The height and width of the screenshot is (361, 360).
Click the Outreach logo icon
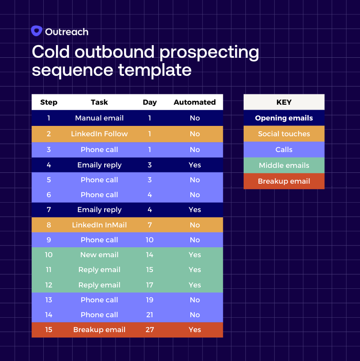(37, 31)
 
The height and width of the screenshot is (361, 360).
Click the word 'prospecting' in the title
(209, 52)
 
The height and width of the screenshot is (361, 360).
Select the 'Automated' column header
(194, 102)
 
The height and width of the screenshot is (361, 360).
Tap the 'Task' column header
(99, 102)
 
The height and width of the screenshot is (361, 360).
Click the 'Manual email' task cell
(99, 118)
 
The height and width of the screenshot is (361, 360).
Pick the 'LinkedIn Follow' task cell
(99, 134)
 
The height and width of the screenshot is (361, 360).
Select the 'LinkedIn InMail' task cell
(99, 225)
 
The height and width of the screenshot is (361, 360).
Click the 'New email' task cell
(99, 255)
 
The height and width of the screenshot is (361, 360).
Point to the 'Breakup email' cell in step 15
(99, 330)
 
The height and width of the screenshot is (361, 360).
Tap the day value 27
(150, 330)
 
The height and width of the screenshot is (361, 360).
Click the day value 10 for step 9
(150, 240)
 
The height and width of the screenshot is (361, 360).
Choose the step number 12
(49, 285)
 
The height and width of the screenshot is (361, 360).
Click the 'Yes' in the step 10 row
(194, 255)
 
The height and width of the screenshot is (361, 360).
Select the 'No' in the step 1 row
(194, 118)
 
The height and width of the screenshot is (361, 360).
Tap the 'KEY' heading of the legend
(284, 102)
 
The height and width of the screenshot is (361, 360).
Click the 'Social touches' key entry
(284, 134)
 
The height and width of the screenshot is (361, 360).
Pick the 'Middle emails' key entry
(284, 166)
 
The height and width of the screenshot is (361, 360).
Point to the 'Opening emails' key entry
(284, 118)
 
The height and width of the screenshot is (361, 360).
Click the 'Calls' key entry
(284, 150)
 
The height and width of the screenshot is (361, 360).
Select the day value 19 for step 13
(150, 300)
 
